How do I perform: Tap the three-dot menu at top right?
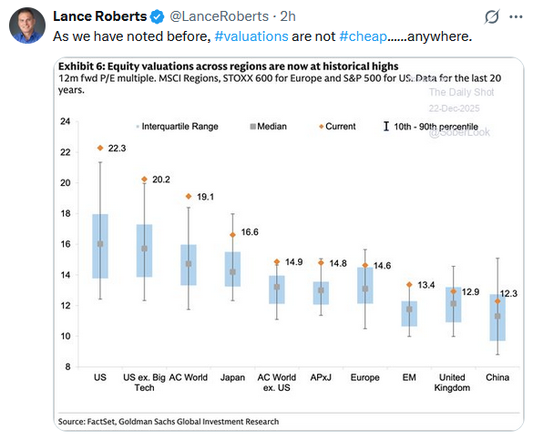[x=516, y=16]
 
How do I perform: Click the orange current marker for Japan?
[x=232, y=235]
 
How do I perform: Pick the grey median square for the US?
[x=100, y=244]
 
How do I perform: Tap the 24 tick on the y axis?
[x=65, y=122]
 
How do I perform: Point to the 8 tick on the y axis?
[x=67, y=366]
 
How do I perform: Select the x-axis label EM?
[x=410, y=376]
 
